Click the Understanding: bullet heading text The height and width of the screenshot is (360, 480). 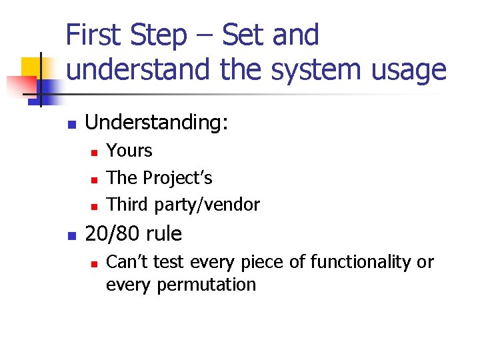(x=157, y=123)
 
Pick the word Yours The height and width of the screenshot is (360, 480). (x=129, y=151)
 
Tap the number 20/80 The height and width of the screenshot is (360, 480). (x=108, y=234)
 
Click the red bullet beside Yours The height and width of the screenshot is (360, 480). (x=95, y=153)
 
